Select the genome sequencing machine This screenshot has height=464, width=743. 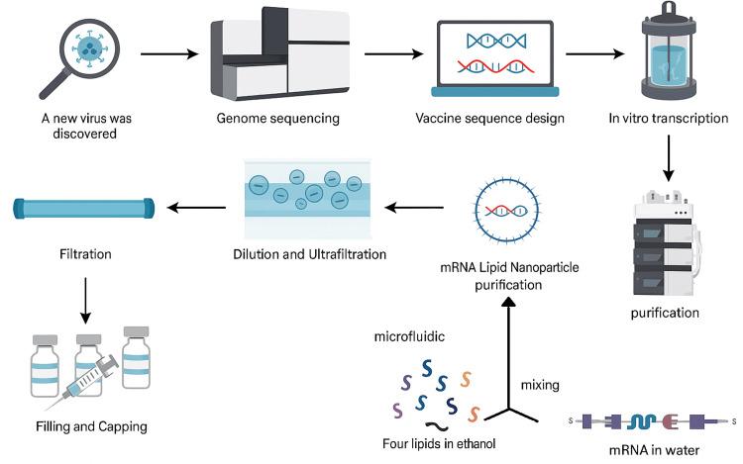click(278, 53)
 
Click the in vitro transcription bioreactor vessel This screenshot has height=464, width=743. click(670, 55)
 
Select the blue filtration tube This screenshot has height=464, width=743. click(84, 209)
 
